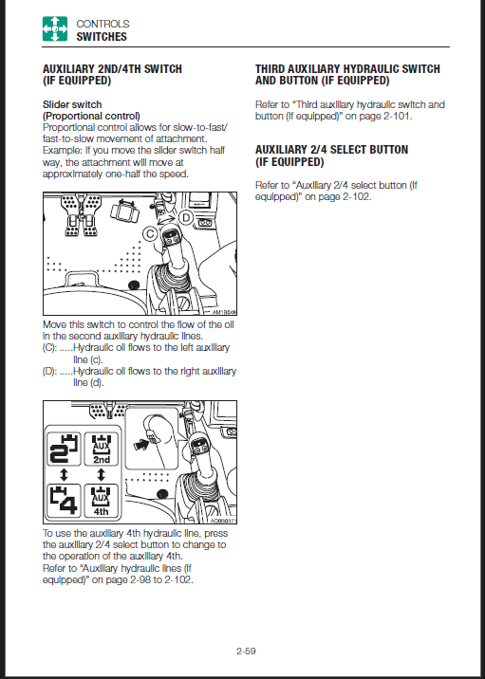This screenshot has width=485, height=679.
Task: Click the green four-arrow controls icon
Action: [55, 29]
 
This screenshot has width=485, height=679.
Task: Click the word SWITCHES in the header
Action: [102, 37]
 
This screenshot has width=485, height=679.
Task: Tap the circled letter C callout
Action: [150, 234]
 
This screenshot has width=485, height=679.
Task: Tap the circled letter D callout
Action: [185, 218]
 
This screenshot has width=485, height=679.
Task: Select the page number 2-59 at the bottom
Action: [246, 651]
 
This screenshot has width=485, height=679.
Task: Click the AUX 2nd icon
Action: [102, 450]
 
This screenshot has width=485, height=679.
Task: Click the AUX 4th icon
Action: [102, 501]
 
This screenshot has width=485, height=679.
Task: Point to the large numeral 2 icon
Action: [64, 450]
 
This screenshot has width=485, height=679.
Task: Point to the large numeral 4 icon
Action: [64, 501]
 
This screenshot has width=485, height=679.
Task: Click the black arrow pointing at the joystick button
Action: [140, 445]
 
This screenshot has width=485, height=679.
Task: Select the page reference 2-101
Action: [397, 117]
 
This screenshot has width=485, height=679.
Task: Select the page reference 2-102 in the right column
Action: [357, 196]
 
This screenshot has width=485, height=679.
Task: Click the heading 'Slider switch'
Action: [72, 104]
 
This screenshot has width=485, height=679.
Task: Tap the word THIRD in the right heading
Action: [270, 69]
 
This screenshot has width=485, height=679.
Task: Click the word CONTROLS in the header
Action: [103, 24]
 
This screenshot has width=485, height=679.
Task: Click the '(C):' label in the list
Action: [49, 348]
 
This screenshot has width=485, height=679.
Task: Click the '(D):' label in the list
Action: [49, 371]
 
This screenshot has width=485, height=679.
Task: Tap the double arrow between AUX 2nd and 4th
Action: [102, 475]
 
